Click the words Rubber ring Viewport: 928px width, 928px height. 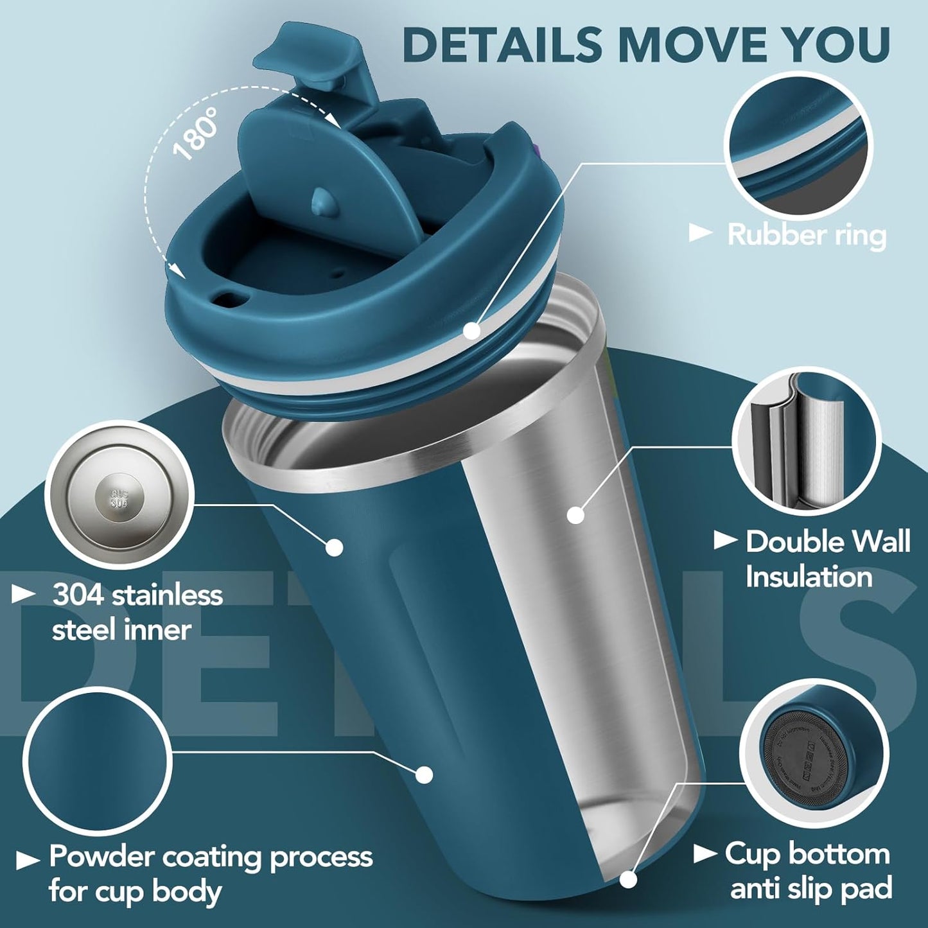coord(807,234)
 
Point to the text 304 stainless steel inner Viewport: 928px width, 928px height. coord(137,612)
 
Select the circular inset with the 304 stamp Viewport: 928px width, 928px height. coord(119,495)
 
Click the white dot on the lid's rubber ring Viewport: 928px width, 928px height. coord(472,331)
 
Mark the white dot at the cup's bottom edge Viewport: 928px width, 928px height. coord(627,879)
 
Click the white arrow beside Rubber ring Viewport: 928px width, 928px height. coord(700,233)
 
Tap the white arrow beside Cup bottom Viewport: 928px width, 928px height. coord(705,854)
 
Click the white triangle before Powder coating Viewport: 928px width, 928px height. coord(27,860)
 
